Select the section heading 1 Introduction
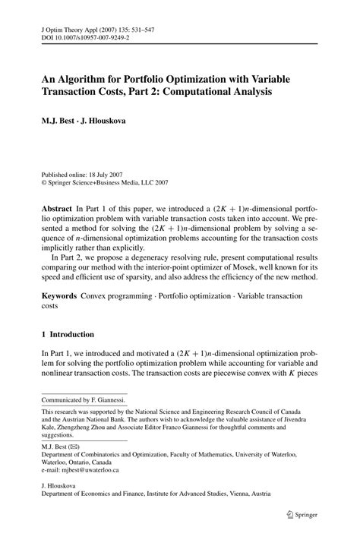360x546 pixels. [67, 333]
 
